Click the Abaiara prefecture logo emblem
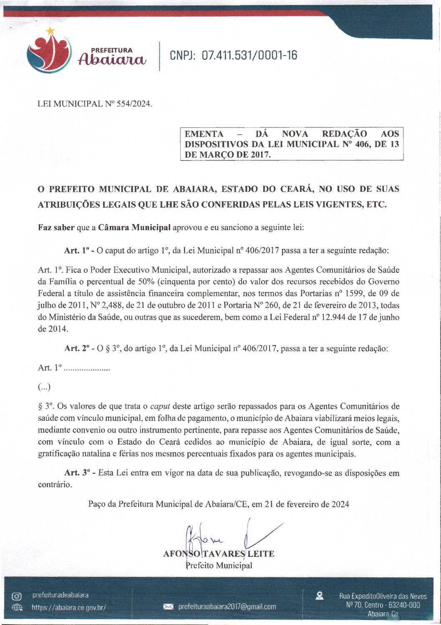pyautogui.click(x=49, y=53)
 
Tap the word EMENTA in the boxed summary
pyautogui.click(x=204, y=134)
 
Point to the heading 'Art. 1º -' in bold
pyautogui.click(x=79, y=251)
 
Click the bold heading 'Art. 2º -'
pyautogui.click(x=80, y=348)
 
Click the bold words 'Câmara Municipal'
pyautogui.click(x=134, y=228)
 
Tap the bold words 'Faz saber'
pyautogui.click(x=56, y=228)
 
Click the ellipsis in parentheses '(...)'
pyautogui.click(x=44, y=387)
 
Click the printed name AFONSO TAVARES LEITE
pyautogui.click(x=219, y=554)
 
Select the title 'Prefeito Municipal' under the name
pyautogui.click(x=219, y=566)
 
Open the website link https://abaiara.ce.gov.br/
pyautogui.click(x=69, y=607)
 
